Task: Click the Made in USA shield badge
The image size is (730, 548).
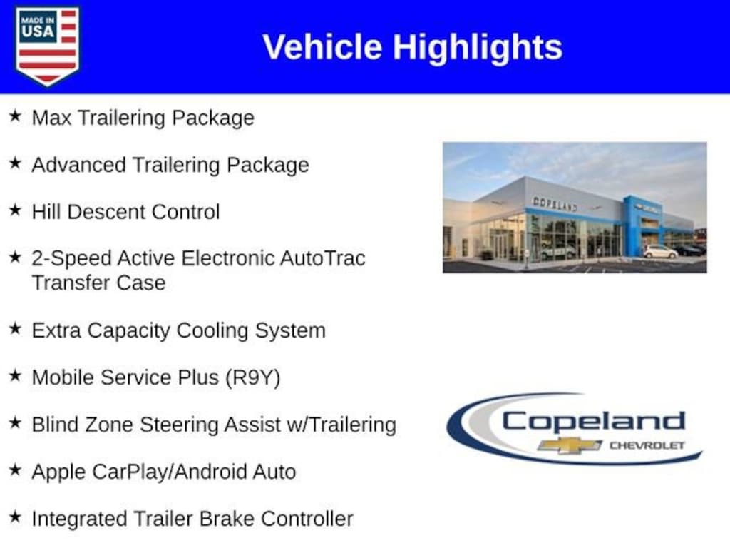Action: [47, 46]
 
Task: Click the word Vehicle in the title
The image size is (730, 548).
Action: [322, 46]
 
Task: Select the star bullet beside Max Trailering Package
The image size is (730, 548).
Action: [16, 116]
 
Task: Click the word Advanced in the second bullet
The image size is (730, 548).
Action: [79, 165]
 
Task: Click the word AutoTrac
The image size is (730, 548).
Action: [323, 258]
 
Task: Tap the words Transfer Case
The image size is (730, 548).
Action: [98, 283]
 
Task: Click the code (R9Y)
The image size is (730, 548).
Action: [253, 378]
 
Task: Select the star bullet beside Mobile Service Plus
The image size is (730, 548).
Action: [16, 375]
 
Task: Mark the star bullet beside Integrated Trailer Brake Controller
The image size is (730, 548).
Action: [16, 517]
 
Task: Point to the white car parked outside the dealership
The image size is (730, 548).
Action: [661, 252]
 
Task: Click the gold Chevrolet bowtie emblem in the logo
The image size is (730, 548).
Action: [570, 445]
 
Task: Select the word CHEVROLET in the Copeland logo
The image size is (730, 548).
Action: [647, 445]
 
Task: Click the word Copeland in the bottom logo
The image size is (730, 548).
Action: [594, 421]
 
